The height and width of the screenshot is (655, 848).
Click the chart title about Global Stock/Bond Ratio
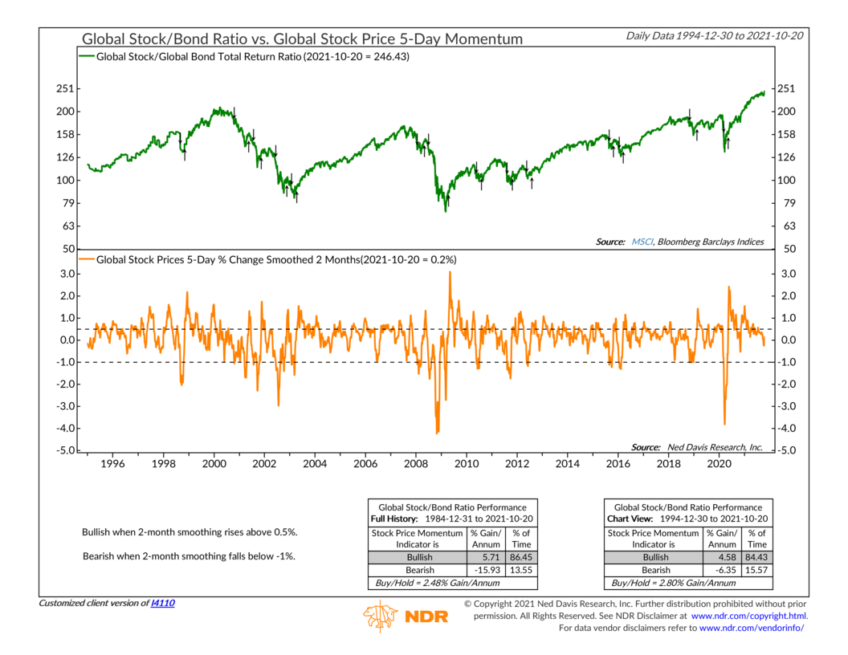click(302, 39)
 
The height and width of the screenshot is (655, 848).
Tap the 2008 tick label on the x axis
click(415, 463)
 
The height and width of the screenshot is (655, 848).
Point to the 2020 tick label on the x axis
click(718, 463)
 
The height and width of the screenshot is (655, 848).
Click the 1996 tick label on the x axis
click(112, 463)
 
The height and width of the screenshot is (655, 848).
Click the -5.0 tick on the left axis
click(63, 450)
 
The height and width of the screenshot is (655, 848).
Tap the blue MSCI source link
click(642, 242)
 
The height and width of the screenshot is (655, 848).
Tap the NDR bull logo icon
click(380, 616)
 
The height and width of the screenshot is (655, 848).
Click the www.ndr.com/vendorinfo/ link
click(753, 627)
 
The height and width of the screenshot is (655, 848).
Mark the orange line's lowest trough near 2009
click(437, 433)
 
